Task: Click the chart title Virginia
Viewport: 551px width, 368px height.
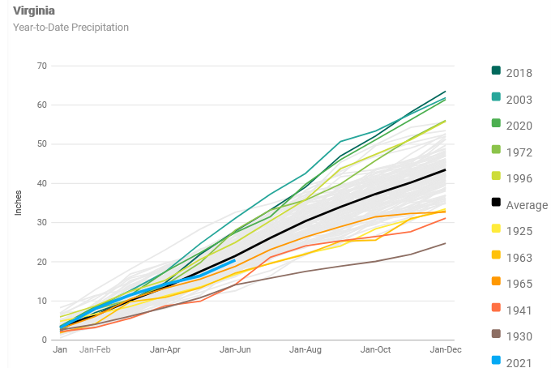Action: [x=34, y=11]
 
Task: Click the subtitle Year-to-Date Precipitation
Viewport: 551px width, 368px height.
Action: [x=70, y=27]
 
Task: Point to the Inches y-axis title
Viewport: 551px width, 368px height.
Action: [x=19, y=203]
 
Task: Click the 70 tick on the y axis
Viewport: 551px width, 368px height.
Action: [x=41, y=66]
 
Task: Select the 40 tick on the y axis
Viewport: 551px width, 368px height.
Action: [x=41, y=183]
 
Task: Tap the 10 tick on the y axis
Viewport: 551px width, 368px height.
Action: [x=41, y=301]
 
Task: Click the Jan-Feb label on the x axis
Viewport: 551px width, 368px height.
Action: [x=95, y=349]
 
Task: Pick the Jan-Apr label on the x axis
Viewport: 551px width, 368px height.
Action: [x=165, y=349]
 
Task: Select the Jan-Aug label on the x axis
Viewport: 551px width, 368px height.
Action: [x=306, y=349]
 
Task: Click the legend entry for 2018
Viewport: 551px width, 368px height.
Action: [x=519, y=73]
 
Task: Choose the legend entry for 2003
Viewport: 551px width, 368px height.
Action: [x=519, y=99]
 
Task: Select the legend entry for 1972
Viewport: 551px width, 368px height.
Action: [x=519, y=152]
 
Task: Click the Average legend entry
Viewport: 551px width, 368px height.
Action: [x=527, y=205]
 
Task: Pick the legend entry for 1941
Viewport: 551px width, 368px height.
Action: [x=519, y=310]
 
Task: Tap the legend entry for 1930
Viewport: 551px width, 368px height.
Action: [x=519, y=336]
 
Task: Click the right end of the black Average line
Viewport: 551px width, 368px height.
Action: [x=446, y=169]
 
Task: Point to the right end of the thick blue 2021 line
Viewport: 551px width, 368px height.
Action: [x=235, y=260]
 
